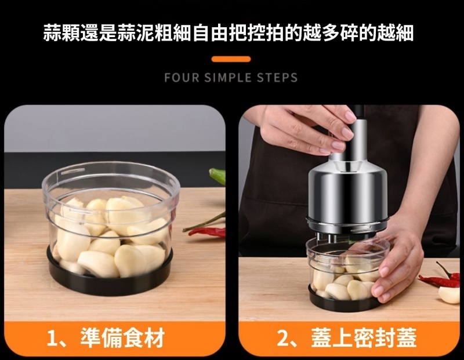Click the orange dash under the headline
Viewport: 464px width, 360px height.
click(231, 59)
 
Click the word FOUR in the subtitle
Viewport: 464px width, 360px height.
click(182, 78)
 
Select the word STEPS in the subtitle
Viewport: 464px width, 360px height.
click(277, 78)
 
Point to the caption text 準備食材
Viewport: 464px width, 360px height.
click(122, 338)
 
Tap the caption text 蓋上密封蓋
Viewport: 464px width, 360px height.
click(364, 338)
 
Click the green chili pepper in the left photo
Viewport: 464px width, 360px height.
click(218, 176)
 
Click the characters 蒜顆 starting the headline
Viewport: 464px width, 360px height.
click(61, 32)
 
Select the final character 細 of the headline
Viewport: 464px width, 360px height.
click(404, 32)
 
